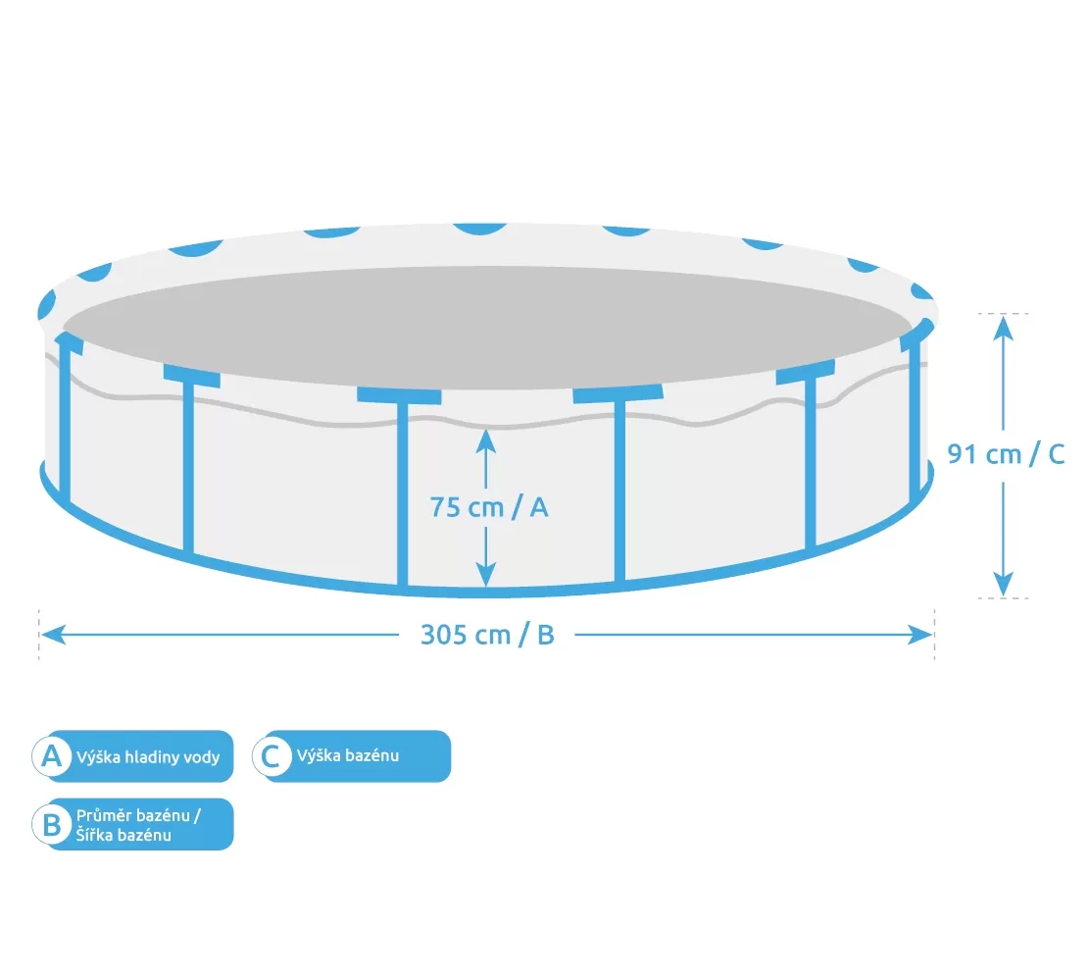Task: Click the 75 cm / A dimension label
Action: pyautogui.click(x=489, y=508)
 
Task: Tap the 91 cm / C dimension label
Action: pyautogui.click(x=1006, y=454)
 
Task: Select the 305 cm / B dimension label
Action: pyautogui.click(x=487, y=635)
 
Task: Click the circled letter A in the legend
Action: pyautogui.click(x=52, y=755)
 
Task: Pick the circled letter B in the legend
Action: pyautogui.click(x=52, y=825)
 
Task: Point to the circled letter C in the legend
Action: pyautogui.click(x=272, y=755)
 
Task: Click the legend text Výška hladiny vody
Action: pyautogui.click(x=148, y=757)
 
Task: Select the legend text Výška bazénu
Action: pyautogui.click(x=348, y=755)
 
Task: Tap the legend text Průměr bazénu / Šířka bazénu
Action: pyautogui.click(x=139, y=825)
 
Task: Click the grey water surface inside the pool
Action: pyautogui.click(x=487, y=327)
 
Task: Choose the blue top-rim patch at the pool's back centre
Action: pyautogui.click(x=479, y=229)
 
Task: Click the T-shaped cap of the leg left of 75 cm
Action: pyautogui.click(x=399, y=396)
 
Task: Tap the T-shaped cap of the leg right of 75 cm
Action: pyautogui.click(x=618, y=393)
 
